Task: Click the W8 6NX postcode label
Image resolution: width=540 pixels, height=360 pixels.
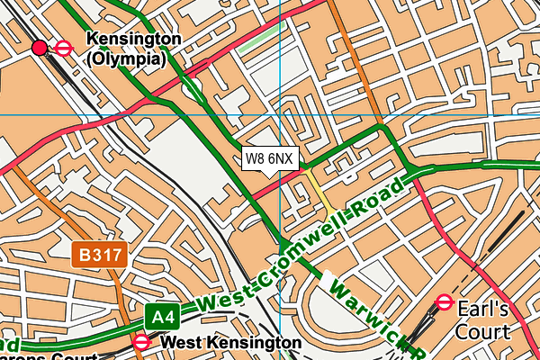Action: (x=268, y=158)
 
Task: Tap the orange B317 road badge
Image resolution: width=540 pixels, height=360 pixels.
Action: (x=101, y=256)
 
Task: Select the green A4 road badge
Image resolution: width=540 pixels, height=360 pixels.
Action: (x=161, y=317)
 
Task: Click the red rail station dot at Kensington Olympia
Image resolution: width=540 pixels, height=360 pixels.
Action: (x=40, y=48)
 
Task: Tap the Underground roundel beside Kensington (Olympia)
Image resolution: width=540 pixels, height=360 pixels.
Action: (x=64, y=48)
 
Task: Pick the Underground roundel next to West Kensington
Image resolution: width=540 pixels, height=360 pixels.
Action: (x=142, y=343)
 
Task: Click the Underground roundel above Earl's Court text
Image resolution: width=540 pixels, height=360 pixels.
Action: (x=444, y=302)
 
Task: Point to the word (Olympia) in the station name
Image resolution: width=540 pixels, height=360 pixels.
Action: (x=125, y=59)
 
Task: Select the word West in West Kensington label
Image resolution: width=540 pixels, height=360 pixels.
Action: (x=184, y=343)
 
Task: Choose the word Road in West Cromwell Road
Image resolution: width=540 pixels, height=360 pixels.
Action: (x=382, y=199)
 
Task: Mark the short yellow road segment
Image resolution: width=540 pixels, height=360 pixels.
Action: (x=319, y=191)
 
